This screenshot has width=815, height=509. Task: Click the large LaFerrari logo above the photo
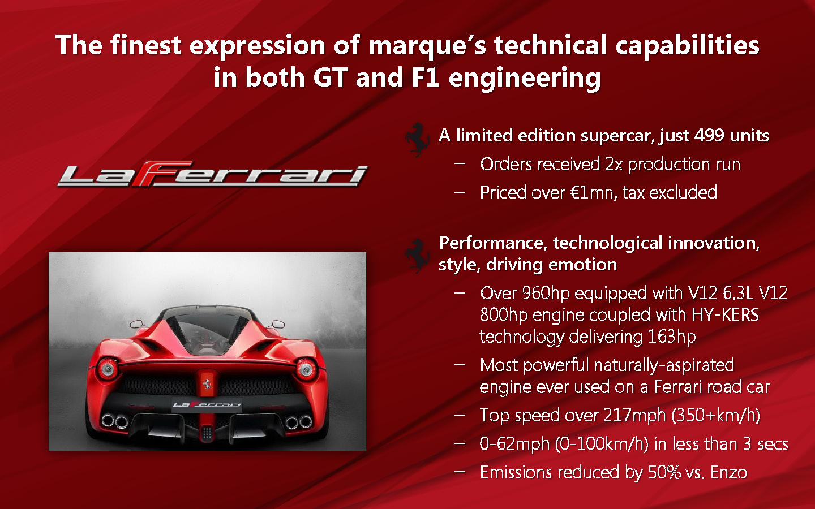click(213, 174)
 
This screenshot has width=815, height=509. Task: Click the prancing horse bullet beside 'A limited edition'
click(418, 140)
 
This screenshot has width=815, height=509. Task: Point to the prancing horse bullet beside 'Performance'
click(418, 256)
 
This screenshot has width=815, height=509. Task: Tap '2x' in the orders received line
click(614, 165)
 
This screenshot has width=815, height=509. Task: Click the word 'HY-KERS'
click(725, 314)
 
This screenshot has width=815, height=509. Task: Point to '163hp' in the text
click(672, 337)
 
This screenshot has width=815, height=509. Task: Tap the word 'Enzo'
click(728, 472)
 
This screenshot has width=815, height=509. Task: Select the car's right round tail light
click(306, 369)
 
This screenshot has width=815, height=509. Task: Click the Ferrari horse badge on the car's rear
click(207, 383)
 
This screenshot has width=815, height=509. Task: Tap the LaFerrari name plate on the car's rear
click(207, 404)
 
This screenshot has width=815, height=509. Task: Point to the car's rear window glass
click(207, 331)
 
